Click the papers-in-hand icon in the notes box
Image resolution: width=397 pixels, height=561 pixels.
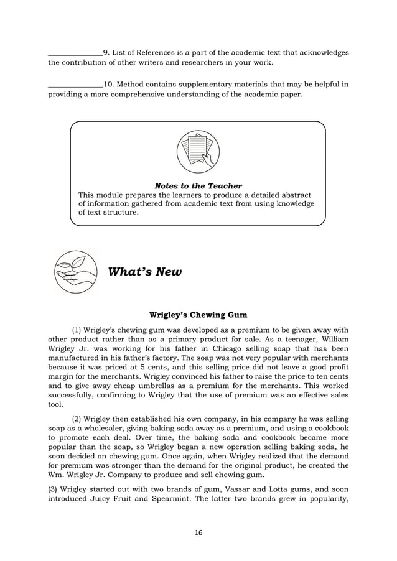tap(198, 152)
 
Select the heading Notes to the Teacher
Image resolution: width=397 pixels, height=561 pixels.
tap(198, 186)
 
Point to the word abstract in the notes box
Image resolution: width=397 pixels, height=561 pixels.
tap(294, 195)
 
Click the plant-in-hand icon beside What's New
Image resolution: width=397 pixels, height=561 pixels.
tap(75, 272)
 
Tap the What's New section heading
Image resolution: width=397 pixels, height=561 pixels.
tap(145, 272)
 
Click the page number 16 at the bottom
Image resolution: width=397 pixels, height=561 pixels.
tap(198, 532)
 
